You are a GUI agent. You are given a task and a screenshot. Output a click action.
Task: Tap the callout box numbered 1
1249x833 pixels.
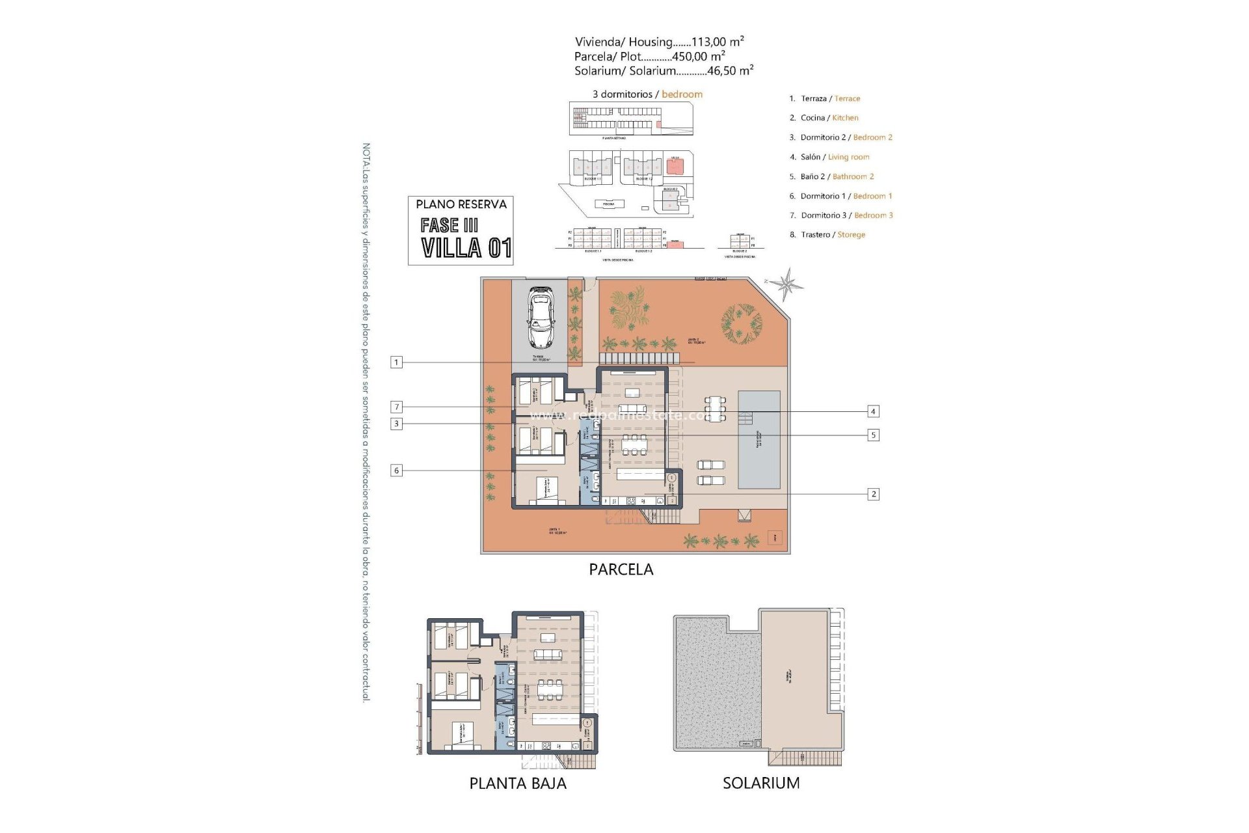pos(396,362)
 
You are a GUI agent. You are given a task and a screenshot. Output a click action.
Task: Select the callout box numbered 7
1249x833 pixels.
pos(396,407)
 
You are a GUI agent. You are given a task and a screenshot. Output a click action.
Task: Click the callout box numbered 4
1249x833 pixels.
pos(873,411)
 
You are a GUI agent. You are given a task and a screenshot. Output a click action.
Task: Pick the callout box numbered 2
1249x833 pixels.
pos(873,495)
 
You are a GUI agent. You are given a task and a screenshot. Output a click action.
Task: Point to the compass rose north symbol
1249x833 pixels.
pos(788,284)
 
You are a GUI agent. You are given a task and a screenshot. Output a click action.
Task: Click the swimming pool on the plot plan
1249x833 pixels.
pos(759,440)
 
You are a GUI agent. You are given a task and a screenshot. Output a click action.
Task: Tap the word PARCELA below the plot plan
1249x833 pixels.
pos(621,569)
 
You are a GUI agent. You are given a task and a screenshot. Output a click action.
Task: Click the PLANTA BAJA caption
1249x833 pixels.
pos(518,784)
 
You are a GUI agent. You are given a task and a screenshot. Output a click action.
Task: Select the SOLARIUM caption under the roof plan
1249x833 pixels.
pos(761,783)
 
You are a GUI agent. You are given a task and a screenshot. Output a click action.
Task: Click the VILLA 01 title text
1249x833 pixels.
pos(466,249)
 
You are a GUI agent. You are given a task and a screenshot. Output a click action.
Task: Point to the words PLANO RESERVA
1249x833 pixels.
pos(461,204)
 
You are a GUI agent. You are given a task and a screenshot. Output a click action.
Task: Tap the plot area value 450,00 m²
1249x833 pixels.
pos(698,57)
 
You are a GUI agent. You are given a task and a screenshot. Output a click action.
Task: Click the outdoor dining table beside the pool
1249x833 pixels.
pos(716,409)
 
